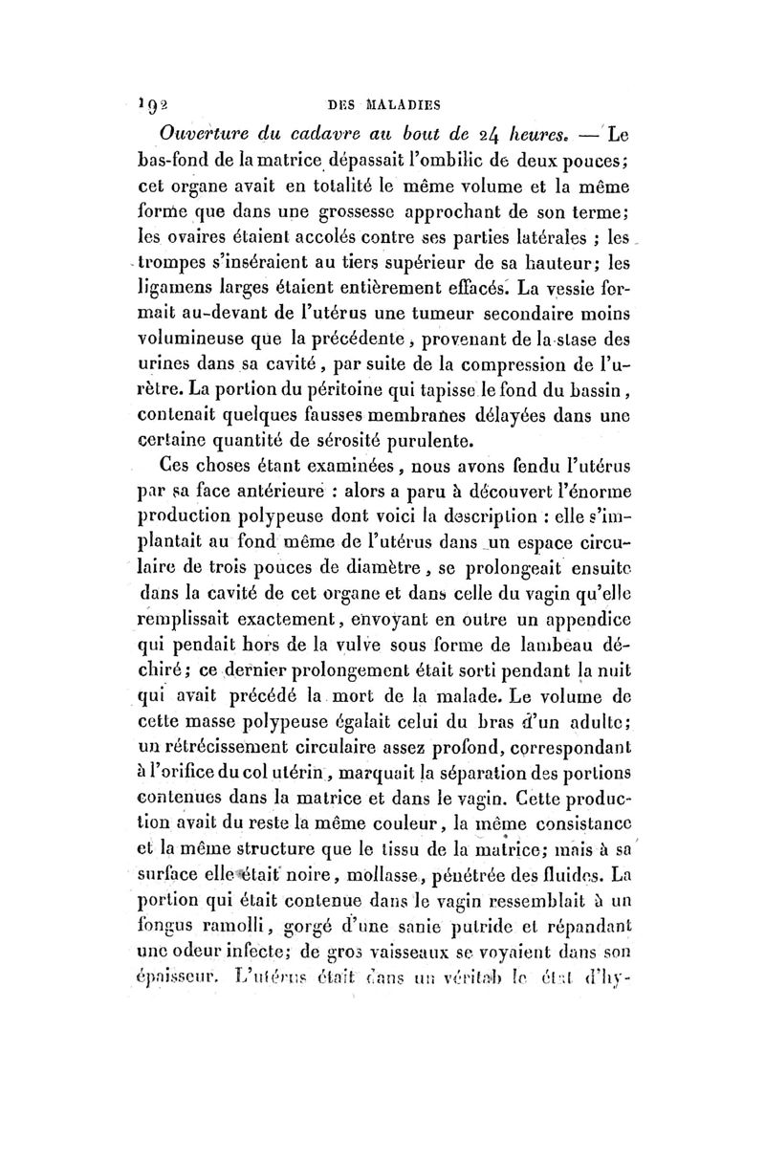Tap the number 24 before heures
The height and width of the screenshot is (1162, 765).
pos(493,133)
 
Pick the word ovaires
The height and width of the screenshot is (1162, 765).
pos(206,234)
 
